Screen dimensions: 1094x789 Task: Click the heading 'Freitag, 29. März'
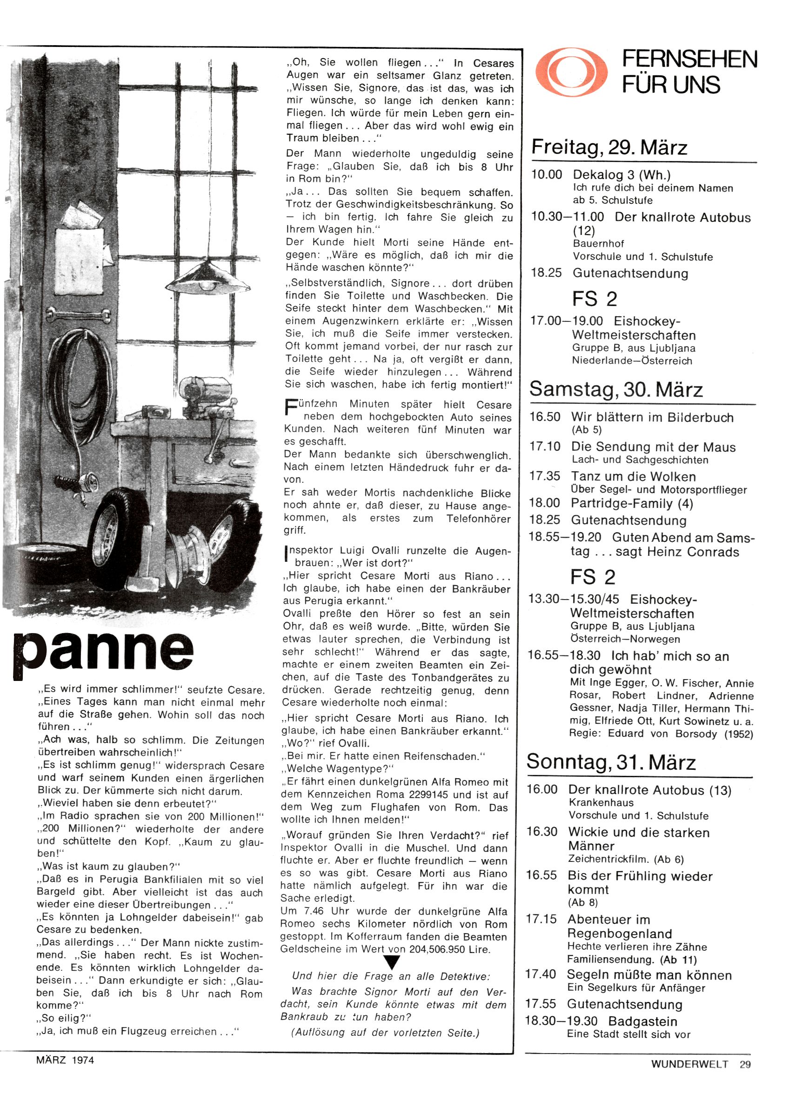pos(609,147)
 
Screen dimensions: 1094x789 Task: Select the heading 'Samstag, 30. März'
pos(616,390)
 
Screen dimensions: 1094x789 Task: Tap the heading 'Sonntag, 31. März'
pos(611,762)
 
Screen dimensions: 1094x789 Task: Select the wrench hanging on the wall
pos(79,316)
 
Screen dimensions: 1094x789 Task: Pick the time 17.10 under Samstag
pos(544,447)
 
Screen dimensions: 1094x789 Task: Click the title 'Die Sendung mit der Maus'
pos(653,447)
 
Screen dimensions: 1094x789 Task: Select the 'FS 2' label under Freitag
pos(595,299)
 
